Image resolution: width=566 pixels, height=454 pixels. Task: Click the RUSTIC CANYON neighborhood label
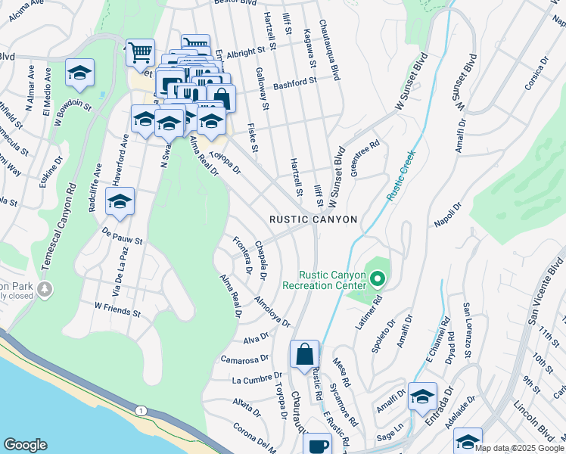[313, 219]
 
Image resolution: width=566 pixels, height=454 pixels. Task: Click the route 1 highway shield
[141, 410]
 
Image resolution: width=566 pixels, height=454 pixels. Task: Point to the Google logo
[25, 445]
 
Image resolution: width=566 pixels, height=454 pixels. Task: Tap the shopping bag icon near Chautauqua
[304, 354]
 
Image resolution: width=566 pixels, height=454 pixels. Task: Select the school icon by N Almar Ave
[79, 73]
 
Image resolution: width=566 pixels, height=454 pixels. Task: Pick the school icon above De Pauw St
[120, 201]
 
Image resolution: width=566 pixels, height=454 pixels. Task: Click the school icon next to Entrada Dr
[421, 396]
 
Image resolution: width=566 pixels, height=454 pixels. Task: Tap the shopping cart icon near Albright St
[140, 53]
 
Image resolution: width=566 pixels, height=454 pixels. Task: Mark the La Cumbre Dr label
[257, 376]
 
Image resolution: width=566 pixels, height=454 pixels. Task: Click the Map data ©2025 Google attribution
[519, 448]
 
